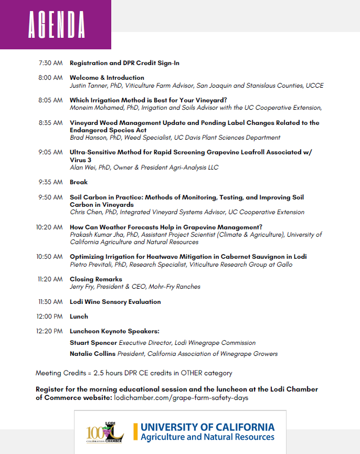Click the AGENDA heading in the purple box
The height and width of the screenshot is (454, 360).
tap(56, 25)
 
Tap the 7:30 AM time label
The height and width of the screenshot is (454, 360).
tap(50, 63)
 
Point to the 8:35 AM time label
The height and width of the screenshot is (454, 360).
tap(50, 123)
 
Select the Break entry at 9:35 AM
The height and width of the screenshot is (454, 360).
tap(79, 182)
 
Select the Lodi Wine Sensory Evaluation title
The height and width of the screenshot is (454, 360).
tap(115, 302)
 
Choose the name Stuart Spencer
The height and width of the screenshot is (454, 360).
tap(93, 343)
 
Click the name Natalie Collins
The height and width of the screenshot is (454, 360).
tap(92, 354)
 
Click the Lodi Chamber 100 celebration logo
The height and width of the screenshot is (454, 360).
tap(104, 432)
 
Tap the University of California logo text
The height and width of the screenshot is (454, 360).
tap(207, 431)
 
